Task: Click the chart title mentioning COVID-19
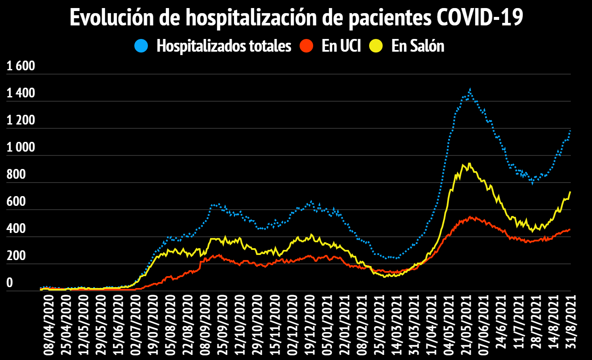pyautogui.click(x=296, y=18)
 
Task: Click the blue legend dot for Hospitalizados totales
pyautogui.click(x=142, y=46)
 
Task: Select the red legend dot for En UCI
pyautogui.click(x=306, y=46)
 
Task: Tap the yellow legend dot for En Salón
pyautogui.click(x=376, y=46)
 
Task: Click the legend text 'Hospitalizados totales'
pyautogui.click(x=224, y=46)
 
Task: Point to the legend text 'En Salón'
pyautogui.click(x=418, y=46)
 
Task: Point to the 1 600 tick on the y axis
pyautogui.click(x=20, y=66)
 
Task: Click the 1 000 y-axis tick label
pyautogui.click(x=20, y=148)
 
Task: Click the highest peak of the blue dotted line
pyautogui.click(x=470, y=89)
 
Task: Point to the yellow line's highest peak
pyautogui.click(x=469, y=163)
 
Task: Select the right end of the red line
pyautogui.click(x=570, y=229)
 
